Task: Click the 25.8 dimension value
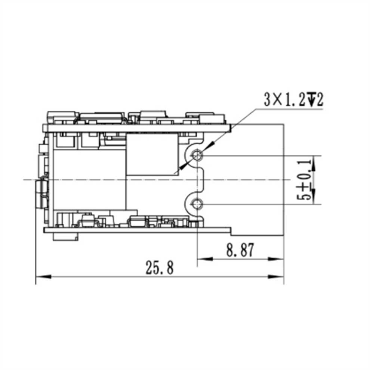click(x=160, y=268)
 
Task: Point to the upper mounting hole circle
click(x=197, y=155)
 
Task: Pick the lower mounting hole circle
click(x=197, y=204)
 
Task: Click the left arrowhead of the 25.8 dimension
click(x=43, y=277)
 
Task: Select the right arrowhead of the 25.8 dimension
click(x=276, y=277)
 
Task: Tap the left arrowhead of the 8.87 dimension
click(x=205, y=259)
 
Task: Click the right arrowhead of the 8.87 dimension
click(x=276, y=259)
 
